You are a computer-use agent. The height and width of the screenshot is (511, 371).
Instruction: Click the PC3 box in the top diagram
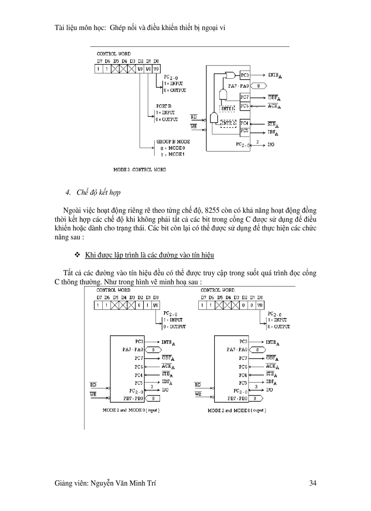click(x=245, y=75)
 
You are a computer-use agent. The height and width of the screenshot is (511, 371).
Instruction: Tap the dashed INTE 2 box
click(x=229, y=123)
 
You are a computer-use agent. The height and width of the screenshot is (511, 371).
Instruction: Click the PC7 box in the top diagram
click(x=245, y=97)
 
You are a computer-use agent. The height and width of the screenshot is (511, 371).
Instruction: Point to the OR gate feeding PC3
click(x=231, y=75)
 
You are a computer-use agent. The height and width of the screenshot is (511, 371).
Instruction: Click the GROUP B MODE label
click(x=173, y=142)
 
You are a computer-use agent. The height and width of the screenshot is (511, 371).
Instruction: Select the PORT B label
click(x=163, y=105)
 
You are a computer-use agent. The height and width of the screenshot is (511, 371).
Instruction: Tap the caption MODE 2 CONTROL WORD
click(x=140, y=170)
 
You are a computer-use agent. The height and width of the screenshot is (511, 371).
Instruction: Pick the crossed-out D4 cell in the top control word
click(x=124, y=69)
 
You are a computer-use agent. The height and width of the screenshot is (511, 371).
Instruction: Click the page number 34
click(x=312, y=483)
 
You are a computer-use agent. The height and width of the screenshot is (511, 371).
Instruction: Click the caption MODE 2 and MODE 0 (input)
click(x=126, y=410)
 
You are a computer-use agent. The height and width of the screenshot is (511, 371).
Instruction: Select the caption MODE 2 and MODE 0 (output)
click(x=237, y=410)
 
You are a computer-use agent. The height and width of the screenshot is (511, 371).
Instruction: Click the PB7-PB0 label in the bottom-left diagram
click(x=133, y=398)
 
